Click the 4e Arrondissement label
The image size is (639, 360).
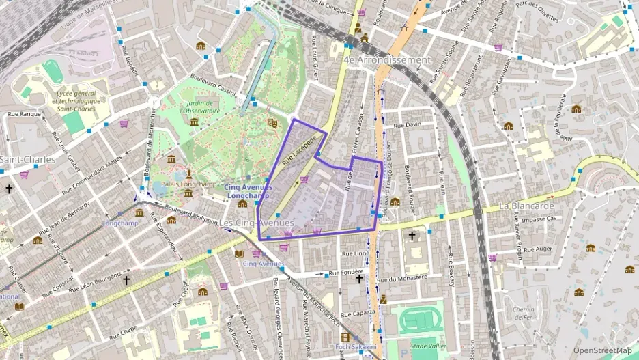(x=387, y=60)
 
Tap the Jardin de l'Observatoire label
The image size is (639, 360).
(x=202, y=107)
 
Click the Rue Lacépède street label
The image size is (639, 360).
(x=299, y=150)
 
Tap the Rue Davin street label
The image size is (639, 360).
(x=409, y=125)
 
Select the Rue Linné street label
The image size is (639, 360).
(x=355, y=253)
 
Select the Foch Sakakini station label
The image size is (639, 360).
(x=356, y=347)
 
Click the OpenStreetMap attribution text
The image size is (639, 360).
(x=602, y=350)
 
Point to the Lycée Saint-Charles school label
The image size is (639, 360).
(x=79, y=100)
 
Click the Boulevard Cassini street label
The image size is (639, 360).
(x=212, y=84)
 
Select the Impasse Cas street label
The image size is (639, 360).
(x=539, y=219)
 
